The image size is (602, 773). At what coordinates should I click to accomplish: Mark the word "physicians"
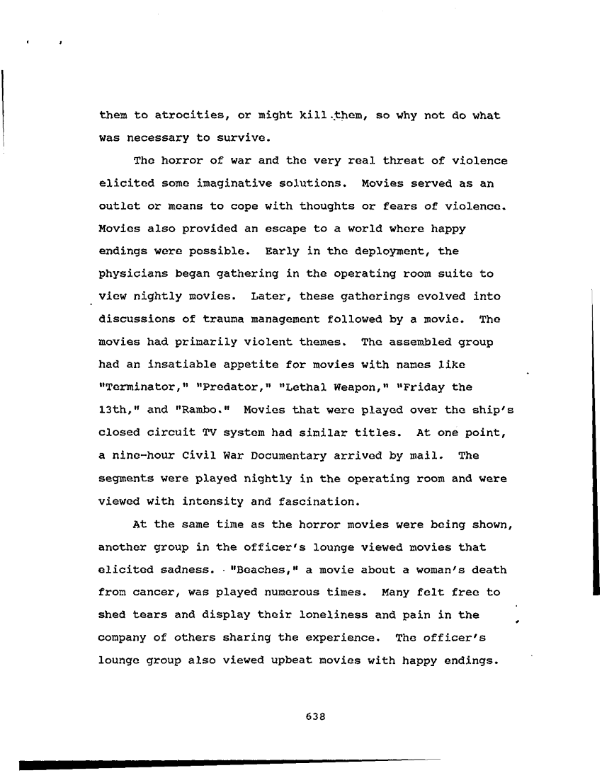pyautogui.click(x=132, y=273)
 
